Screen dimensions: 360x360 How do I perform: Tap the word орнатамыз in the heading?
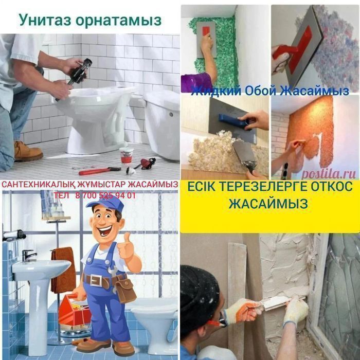[118, 21]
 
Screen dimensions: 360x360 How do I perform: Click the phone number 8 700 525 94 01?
[105, 195]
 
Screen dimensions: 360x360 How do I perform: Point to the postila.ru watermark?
[328, 174]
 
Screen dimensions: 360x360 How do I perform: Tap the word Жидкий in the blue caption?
[216, 91]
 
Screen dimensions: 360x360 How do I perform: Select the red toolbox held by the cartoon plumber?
[74, 310]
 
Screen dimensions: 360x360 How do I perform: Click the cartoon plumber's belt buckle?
[96, 280]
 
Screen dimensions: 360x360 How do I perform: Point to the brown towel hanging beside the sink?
[63, 270]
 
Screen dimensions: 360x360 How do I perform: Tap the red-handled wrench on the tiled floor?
[100, 171]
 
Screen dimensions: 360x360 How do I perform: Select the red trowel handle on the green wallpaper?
[206, 31]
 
